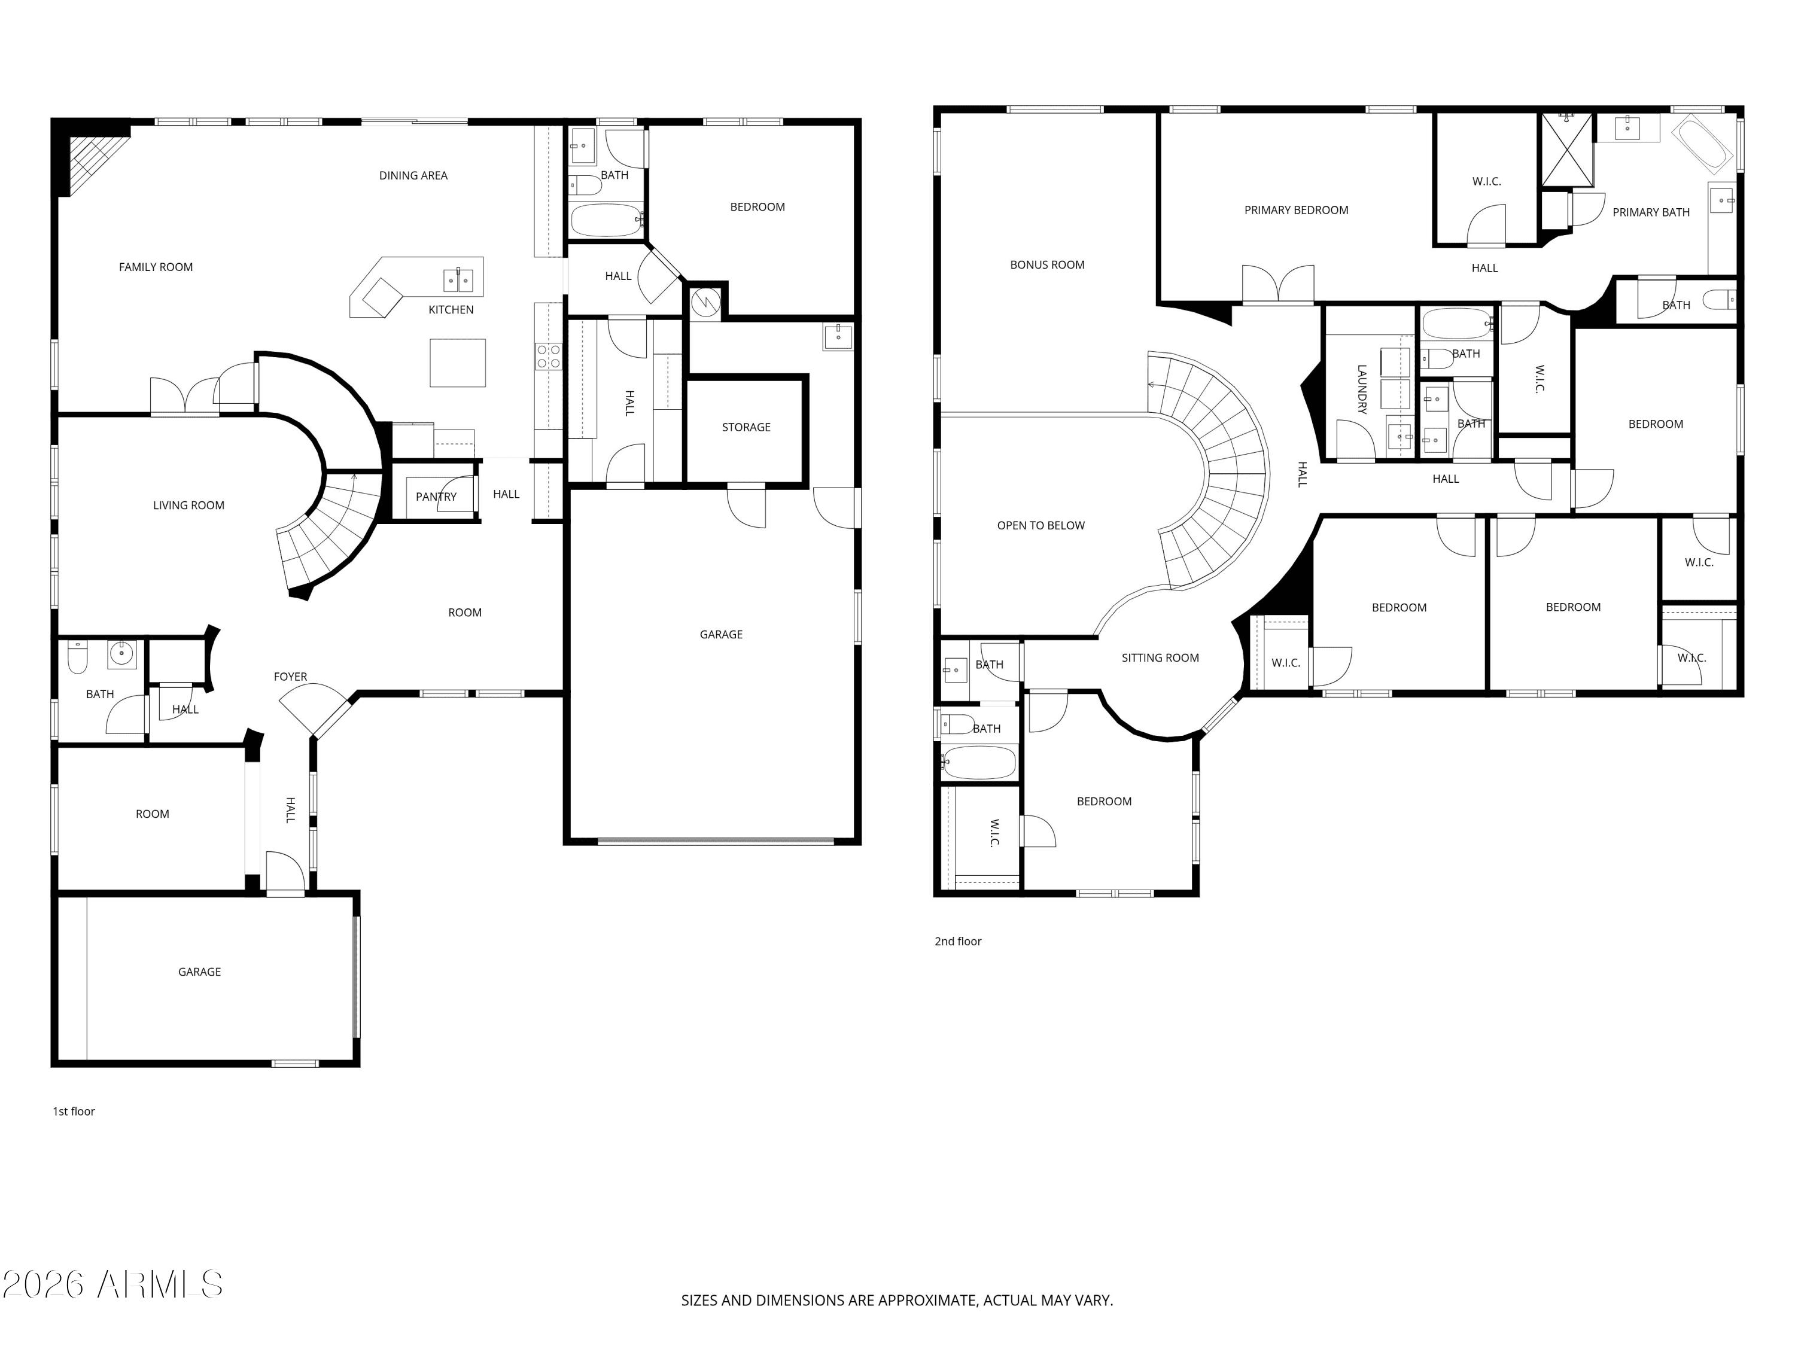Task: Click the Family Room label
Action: click(156, 267)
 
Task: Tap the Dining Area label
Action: click(413, 175)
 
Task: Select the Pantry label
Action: click(436, 497)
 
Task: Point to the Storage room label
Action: click(746, 427)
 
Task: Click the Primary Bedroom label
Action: click(1296, 210)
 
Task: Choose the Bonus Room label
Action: click(1047, 264)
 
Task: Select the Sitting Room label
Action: click(1160, 658)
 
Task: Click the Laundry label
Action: click(1362, 389)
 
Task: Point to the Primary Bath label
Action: click(1651, 212)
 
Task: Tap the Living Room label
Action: click(188, 505)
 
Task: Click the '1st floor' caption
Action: click(74, 1111)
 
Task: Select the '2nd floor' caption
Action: click(957, 941)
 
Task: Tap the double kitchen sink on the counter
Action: click(458, 280)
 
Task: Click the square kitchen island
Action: click(458, 363)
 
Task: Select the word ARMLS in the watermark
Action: click(159, 1284)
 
